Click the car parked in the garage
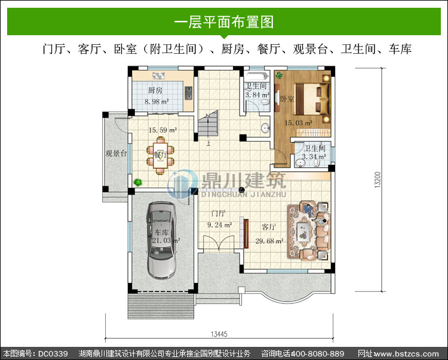(x=161, y=241)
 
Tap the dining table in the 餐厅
(x=160, y=156)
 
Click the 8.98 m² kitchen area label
(x=157, y=101)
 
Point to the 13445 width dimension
(x=219, y=334)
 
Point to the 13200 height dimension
(x=378, y=180)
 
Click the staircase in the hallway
(x=208, y=124)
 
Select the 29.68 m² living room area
(x=269, y=241)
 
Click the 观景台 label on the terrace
(x=116, y=153)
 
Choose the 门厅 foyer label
(x=218, y=213)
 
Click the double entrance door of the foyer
(x=219, y=243)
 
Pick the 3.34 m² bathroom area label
(x=314, y=157)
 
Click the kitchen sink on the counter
(x=158, y=76)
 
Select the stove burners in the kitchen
(x=188, y=93)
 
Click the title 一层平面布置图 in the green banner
(x=224, y=22)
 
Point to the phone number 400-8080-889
(x=317, y=353)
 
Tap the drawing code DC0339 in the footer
(x=53, y=353)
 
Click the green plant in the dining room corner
(x=138, y=181)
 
